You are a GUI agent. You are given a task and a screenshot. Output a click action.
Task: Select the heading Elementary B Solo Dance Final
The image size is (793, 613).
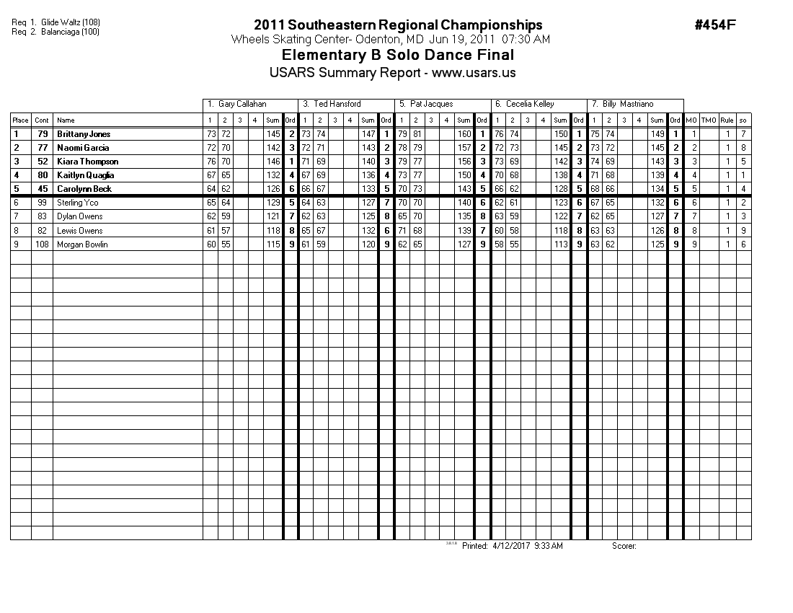click(x=398, y=56)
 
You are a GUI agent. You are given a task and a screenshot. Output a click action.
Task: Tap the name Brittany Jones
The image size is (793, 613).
click(x=84, y=134)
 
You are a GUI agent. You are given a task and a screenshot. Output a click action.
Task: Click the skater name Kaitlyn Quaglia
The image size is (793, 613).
click(x=85, y=175)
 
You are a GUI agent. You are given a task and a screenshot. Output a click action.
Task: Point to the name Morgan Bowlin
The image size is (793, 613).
click(x=82, y=244)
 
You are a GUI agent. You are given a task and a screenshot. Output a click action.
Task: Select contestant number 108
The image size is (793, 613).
click(x=42, y=244)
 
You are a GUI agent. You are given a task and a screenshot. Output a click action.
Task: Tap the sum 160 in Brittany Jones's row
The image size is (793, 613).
click(x=464, y=134)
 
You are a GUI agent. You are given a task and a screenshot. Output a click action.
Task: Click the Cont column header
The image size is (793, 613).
click(x=42, y=120)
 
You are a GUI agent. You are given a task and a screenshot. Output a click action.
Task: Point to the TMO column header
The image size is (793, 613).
click(x=709, y=120)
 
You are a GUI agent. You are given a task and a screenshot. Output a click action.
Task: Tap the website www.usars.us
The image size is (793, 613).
click(x=474, y=73)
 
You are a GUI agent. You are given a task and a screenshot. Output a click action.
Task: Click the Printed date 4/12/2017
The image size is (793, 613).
click(x=511, y=546)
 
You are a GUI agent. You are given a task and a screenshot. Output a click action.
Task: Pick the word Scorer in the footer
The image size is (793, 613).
click(x=624, y=546)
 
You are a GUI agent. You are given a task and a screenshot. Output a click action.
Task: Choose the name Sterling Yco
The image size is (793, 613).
click(x=78, y=203)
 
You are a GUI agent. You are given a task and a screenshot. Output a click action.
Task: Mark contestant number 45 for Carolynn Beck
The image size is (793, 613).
click(x=42, y=189)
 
